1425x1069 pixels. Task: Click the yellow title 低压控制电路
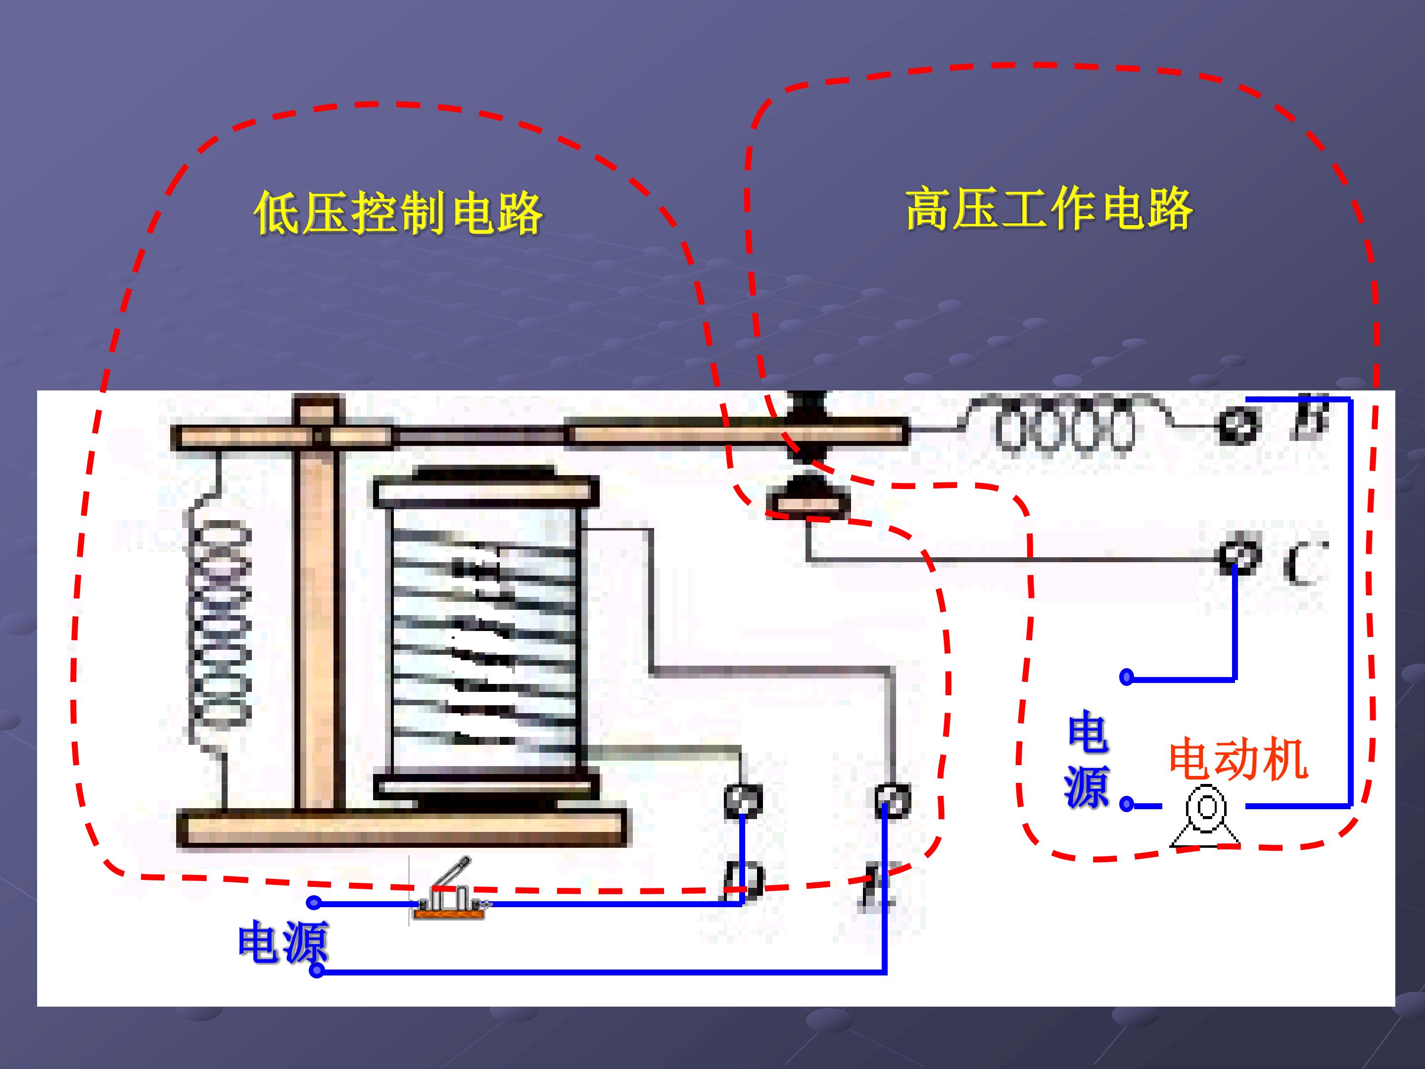coord(398,213)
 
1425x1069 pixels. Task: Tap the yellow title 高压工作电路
coord(1049,209)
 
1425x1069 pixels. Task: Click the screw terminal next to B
coord(1237,425)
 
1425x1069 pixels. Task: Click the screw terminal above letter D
coord(743,801)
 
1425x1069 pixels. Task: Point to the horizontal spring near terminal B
coord(1063,425)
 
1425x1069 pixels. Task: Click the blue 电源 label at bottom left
coord(284,943)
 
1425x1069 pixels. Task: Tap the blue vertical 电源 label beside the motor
coord(1088,760)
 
